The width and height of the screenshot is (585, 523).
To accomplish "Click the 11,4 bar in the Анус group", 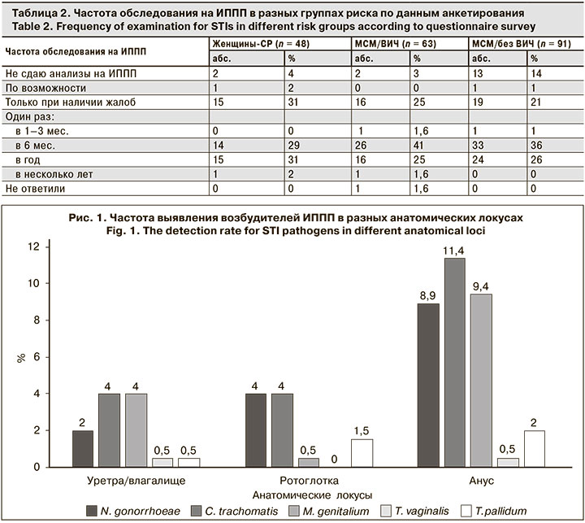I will (x=454, y=362).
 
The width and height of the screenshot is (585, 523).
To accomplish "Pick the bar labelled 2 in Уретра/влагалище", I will (x=83, y=448).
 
